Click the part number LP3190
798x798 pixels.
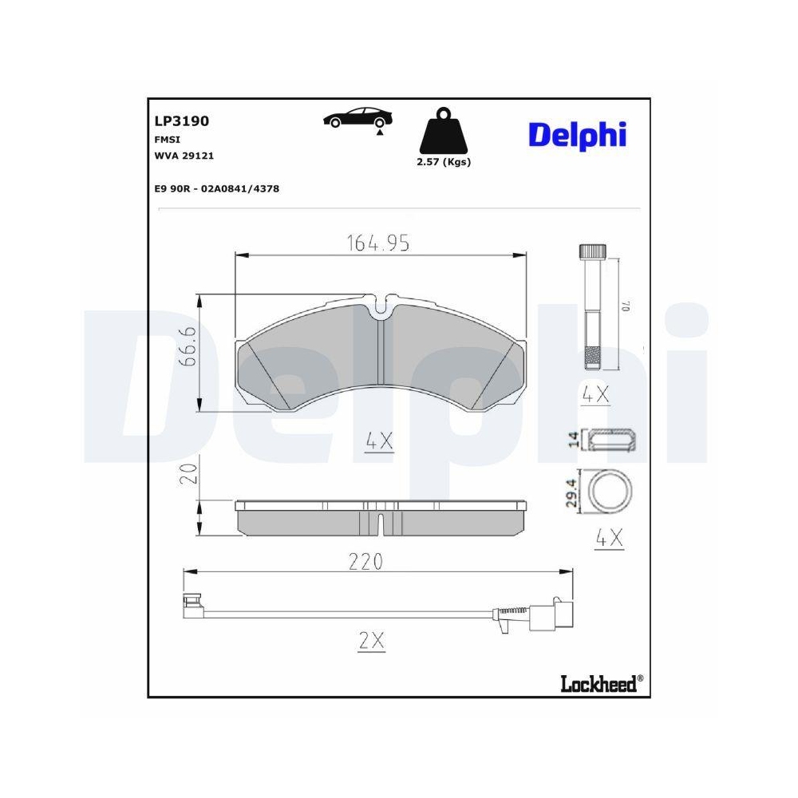click(181, 121)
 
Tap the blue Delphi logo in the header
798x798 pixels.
click(575, 135)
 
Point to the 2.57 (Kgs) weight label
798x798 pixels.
click(444, 161)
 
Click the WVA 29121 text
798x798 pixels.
click(184, 156)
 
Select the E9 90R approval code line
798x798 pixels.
click(216, 188)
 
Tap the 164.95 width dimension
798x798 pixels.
click(377, 244)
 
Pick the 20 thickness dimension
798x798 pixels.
click(188, 474)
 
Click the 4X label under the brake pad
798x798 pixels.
click(379, 440)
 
